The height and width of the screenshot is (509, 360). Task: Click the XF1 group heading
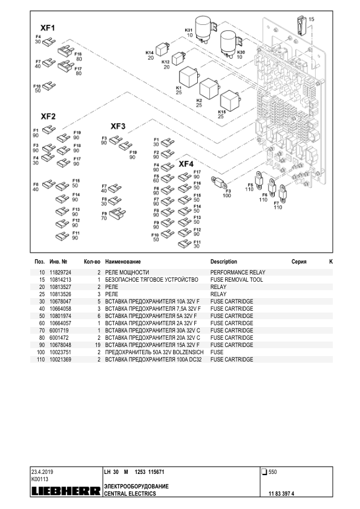coord(47,28)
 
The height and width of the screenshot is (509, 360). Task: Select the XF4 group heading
coord(186,164)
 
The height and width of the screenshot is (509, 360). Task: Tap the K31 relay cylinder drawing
coord(204,30)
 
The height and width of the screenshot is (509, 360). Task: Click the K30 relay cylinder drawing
coord(230,44)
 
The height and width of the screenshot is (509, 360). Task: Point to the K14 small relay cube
coord(162,50)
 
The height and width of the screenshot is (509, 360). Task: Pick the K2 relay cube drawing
coord(209,88)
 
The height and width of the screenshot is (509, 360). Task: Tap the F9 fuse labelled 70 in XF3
coord(117,213)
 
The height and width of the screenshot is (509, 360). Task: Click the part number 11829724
coord(60,273)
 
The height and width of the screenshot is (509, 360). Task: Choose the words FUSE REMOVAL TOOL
coord(237,279)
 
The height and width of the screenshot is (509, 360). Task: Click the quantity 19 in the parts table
coord(98,345)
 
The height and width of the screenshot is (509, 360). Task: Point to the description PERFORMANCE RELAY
coord(238,273)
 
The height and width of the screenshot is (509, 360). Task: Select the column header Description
coord(223,262)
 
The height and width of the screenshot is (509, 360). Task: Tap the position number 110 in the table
coord(41,359)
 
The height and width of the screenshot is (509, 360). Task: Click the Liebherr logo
coord(66,491)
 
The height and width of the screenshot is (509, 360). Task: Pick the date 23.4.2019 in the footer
coord(42,472)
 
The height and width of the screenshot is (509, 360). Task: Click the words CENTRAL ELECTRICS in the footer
coord(130,494)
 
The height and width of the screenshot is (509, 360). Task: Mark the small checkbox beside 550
coord(264,472)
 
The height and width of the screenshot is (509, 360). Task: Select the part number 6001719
coord(59,330)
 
